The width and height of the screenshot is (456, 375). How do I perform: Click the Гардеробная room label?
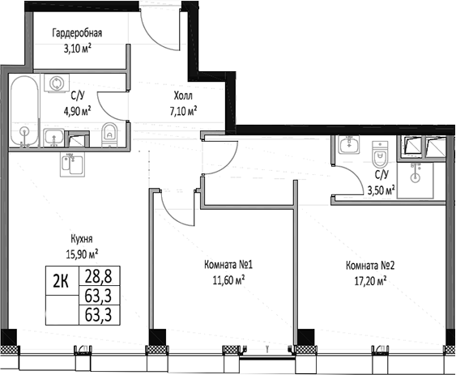(x=77, y=33)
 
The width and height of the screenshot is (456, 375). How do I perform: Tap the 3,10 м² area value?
(x=77, y=48)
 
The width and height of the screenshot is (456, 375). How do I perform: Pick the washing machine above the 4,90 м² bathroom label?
(x=57, y=83)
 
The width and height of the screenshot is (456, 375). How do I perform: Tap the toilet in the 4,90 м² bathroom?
(x=111, y=133)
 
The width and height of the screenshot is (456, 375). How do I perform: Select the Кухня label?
(x=81, y=239)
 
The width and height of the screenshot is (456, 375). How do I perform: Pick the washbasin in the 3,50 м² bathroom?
(x=349, y=146)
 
